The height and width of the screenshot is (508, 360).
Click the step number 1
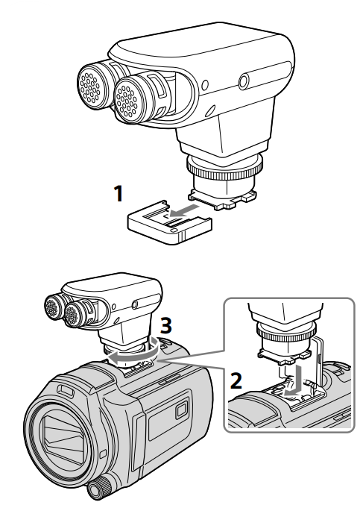pyautogui.click(x=119, y=193)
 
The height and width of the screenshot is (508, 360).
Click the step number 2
pyautogui.click(x=236, y=380)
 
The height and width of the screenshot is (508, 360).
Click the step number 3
pyautogui.click(x=166, y=325)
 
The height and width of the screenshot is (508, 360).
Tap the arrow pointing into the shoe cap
pyautogui.click(x=183, y=210)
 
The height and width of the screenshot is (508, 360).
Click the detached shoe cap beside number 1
pyautogui.click(x=170, y=222)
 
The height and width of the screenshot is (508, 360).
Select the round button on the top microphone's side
pyautogui.click(x=244, y=81)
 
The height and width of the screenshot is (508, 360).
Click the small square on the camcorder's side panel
pyautogui.click(x=181, y=410)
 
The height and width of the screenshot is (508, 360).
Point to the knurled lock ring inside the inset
pyautogui.click(x=286, y=331)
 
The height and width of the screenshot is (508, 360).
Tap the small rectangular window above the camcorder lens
pyautogui.click(x=65, y=390)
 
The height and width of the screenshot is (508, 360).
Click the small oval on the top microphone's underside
pyautogui.click(x=211, y=110)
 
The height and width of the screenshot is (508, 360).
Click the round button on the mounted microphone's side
pyautogui.click(x=135, y=304)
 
